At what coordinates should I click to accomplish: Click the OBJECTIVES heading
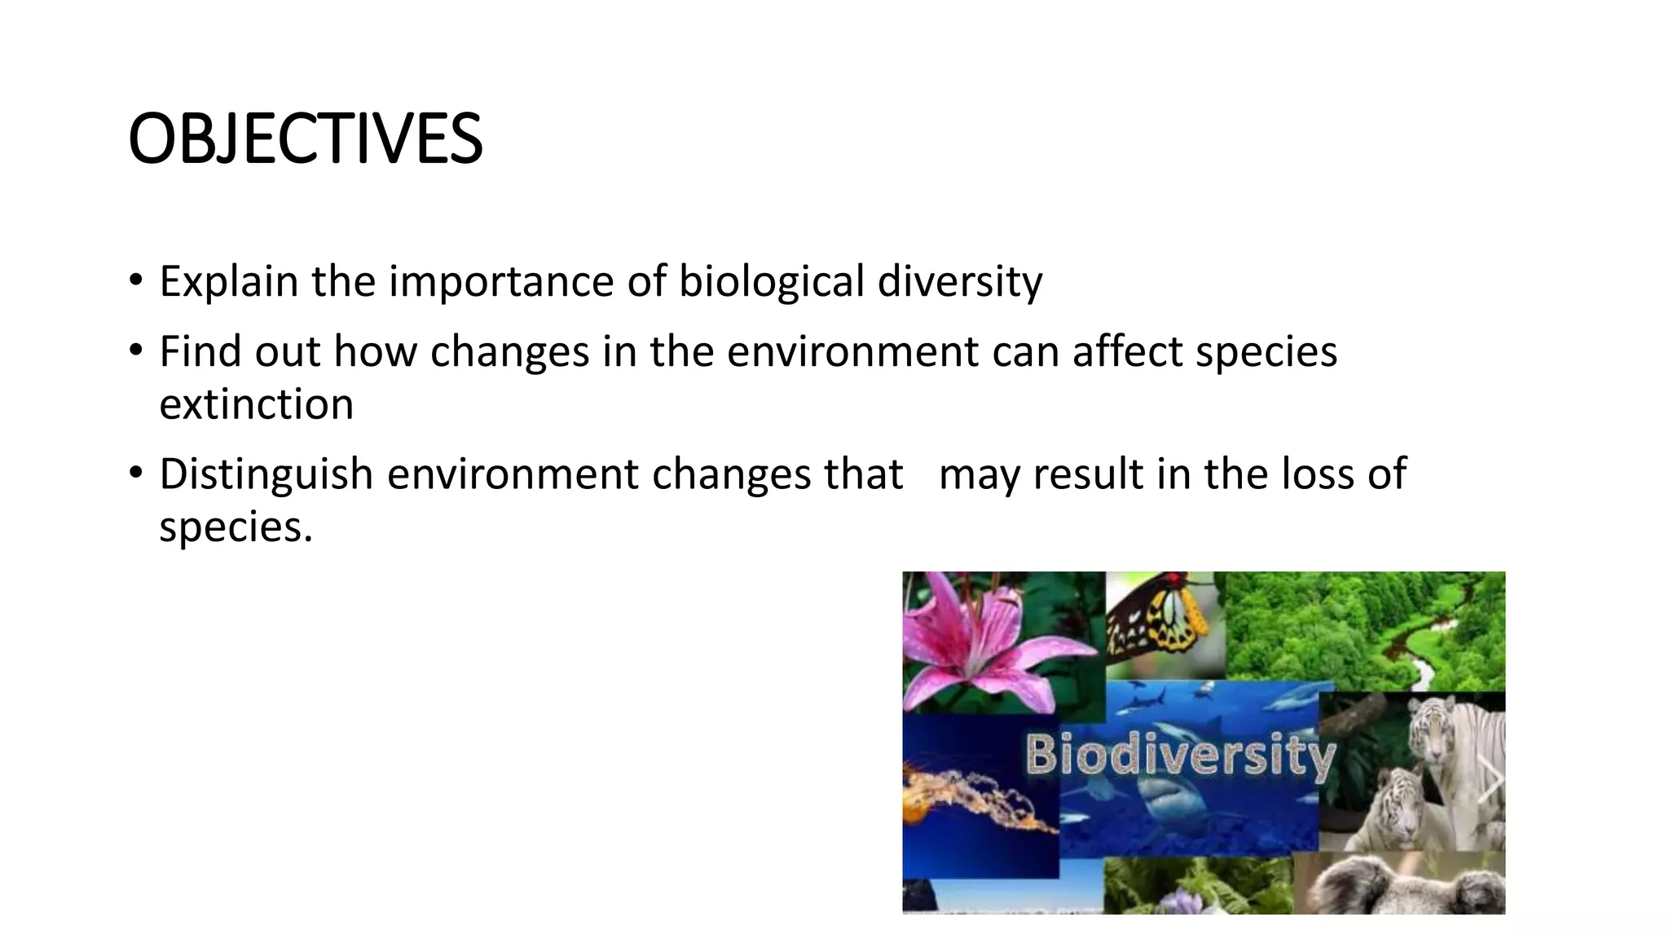click(x=306, y=139)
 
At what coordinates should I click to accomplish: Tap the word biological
click(x=771, y=282)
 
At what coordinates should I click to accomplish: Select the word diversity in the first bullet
click(x=960, y=282)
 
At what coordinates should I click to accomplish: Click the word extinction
click(x=256, y=404)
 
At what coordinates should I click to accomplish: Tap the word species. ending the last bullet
click(x=236, y=527)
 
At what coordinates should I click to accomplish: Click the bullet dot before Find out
click(x=135, y=351)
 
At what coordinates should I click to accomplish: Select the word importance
click(x=501, y=282)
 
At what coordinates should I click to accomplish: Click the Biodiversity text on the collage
click(x=1180, y=754)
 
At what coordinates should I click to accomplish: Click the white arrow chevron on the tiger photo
click(x=1490, y=778)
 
